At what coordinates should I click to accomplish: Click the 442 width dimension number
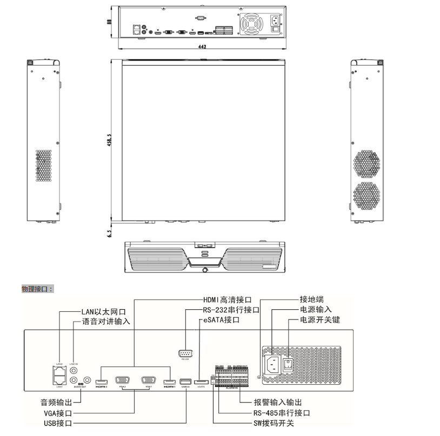[202, 47]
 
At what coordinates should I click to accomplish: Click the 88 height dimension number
[110, 22]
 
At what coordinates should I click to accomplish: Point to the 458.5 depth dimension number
[110, 140]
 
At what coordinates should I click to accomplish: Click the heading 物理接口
[37, 289]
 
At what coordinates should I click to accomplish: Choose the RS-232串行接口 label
[230, 310]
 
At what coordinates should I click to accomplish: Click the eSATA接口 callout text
[220, 321]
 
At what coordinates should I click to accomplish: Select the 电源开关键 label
[320, 321]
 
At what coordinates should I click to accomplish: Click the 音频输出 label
[55, 403]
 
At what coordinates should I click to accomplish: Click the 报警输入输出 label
[278, 403]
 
